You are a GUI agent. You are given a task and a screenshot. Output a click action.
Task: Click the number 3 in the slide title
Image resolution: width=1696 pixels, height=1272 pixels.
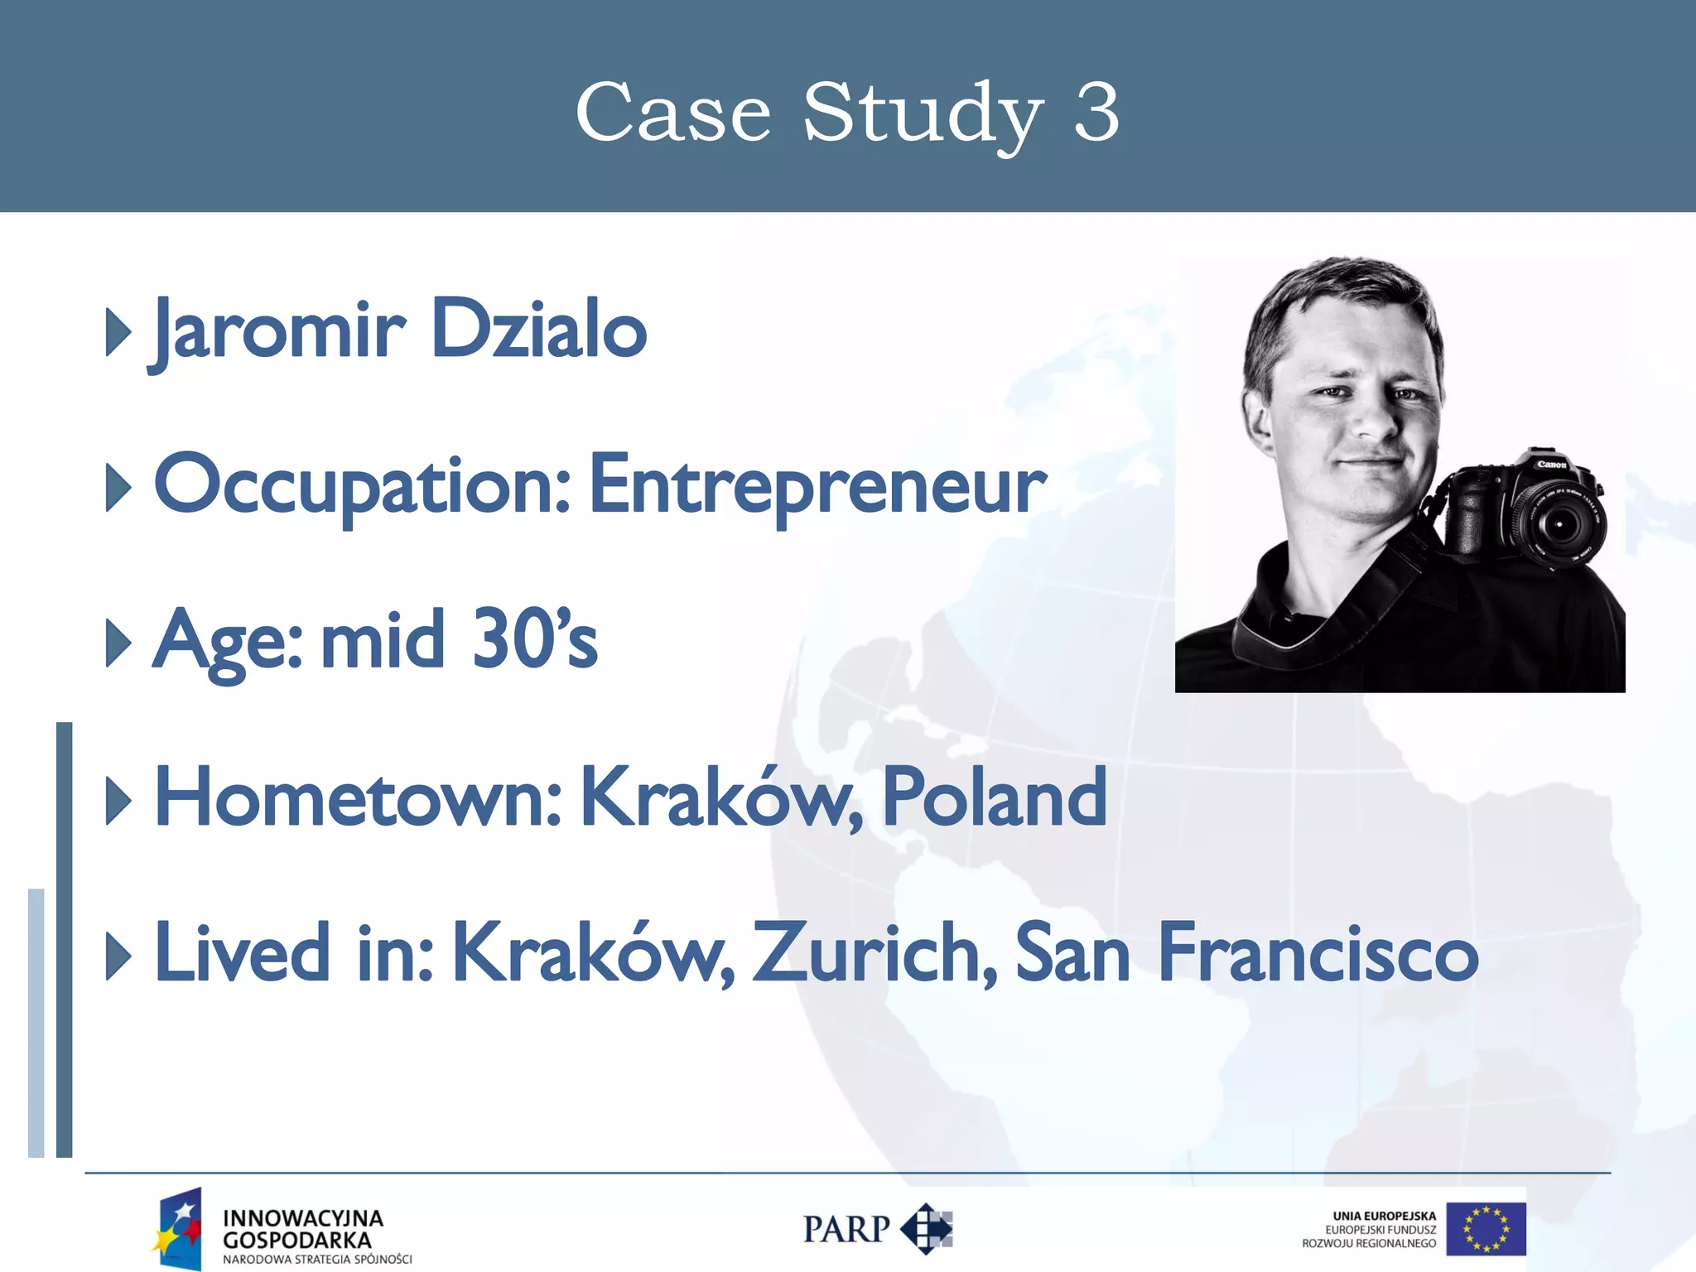[1096, 113]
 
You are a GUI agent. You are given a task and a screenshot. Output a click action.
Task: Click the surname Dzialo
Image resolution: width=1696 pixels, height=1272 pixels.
[538, 329]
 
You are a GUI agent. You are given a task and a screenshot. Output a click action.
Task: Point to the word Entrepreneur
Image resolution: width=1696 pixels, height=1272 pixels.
[818, 485]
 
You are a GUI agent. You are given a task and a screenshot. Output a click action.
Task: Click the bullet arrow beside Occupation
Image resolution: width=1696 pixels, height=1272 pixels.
[118, 487]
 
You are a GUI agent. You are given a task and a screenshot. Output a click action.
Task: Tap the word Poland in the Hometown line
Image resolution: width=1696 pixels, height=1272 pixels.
[994, 797]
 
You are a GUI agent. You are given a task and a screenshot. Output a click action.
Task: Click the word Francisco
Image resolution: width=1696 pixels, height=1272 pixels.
[1317, 952]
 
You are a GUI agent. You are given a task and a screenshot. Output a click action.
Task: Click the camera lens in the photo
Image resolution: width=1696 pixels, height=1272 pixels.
[1559, 524]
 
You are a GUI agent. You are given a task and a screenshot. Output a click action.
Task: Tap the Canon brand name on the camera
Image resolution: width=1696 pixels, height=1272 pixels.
[1551, 465]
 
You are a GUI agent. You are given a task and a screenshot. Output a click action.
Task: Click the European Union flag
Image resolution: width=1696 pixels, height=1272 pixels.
[1486, 1229]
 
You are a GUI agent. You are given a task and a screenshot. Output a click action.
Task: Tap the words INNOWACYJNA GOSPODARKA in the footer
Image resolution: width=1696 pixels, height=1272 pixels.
[302, 1229]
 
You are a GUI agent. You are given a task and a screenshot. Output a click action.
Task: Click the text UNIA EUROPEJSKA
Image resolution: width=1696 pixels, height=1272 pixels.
[1384, 1216]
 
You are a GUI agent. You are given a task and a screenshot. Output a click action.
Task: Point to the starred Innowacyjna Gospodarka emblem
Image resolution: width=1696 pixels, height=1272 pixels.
[177, 1229]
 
